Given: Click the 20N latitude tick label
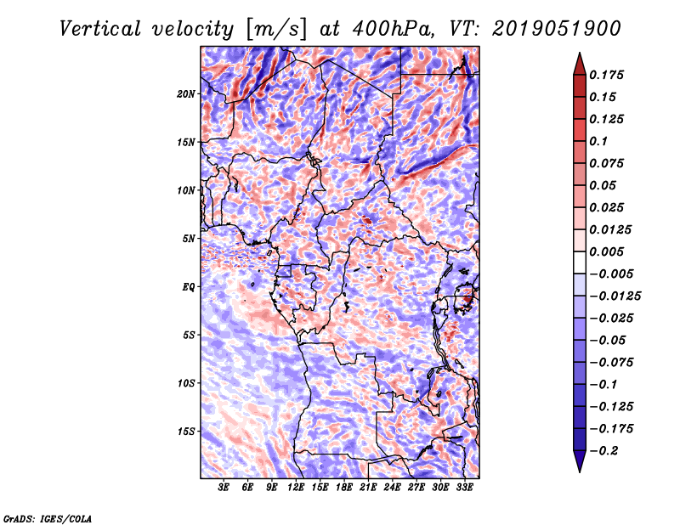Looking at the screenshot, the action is pyautogui.click(x=185, y=94).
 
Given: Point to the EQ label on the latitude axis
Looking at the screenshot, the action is pyautogui.click(x=188, y=287).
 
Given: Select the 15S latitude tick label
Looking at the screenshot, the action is pyautogui.click(x=185, y=432).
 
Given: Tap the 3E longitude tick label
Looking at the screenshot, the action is pyautogui.click(x=224, y=488).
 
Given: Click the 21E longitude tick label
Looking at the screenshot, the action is pyautogui.click(x=368, y=488).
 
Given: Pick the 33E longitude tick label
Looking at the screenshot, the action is pyautogui.click(x=464, y=488).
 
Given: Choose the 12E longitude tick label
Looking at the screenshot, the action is pyautogui.click(x=296, y=488).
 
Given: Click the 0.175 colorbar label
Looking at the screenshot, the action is pyautogui.click(x=606, y=75).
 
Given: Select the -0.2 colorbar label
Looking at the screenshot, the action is pyautogui.click(x=603, y=451).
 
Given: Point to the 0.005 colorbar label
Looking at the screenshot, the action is pyautogui.click(x=606, y=251).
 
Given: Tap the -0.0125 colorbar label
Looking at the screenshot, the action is pyautogui.click(x=615, y=296).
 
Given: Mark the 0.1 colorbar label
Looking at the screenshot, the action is pyautogui.click(x=598, y=141).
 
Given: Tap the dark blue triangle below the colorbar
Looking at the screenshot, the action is pyautogui.click(x=580, y=460).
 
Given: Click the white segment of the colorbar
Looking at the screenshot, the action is pyautogui.click(x=580, y=262).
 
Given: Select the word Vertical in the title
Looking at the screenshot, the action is pyautogui.click(x=100, y=29).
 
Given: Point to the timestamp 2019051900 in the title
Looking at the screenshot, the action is pyautogui.click(x=557, y=29).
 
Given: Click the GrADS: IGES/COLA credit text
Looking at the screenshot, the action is pyautogui.click(x=48, y=518).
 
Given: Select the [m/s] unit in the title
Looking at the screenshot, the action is pyautogui.click(x=275, y=30).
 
